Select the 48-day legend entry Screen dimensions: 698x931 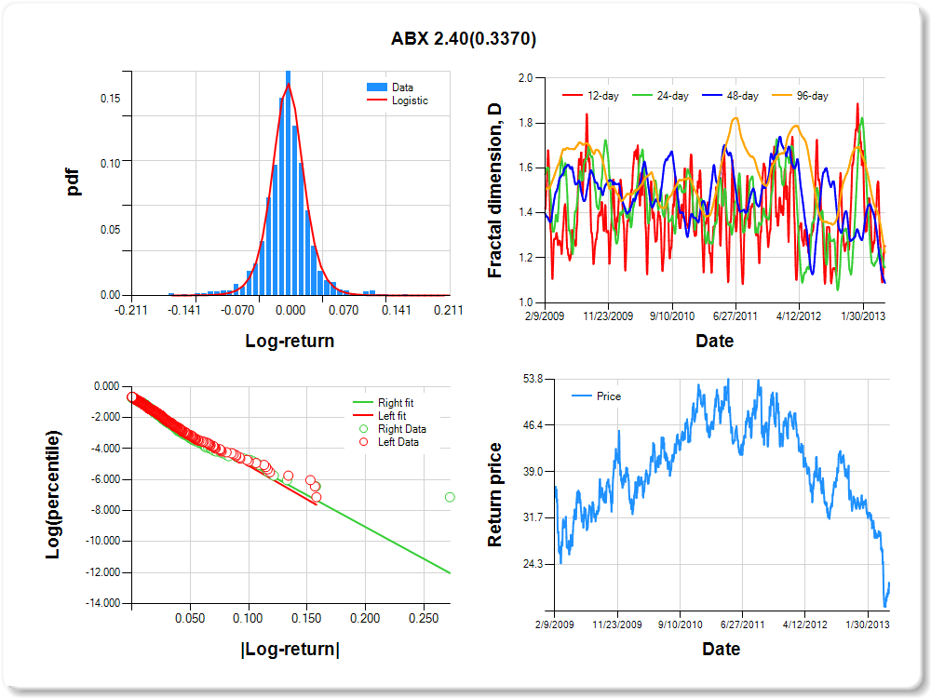pyautogui.click(x=740, y=96)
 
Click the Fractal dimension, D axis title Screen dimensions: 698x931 pyautogui.click(x=495, y=190)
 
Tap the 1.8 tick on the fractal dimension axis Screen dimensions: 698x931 pyautogui.click(x=525, y=123)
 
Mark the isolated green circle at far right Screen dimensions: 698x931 pyautogui.click(x=450, y=497)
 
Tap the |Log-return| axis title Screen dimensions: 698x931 pyautogui.click(x=290, y=650)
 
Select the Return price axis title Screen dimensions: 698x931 pyautogui.click(x=495, y=494)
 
